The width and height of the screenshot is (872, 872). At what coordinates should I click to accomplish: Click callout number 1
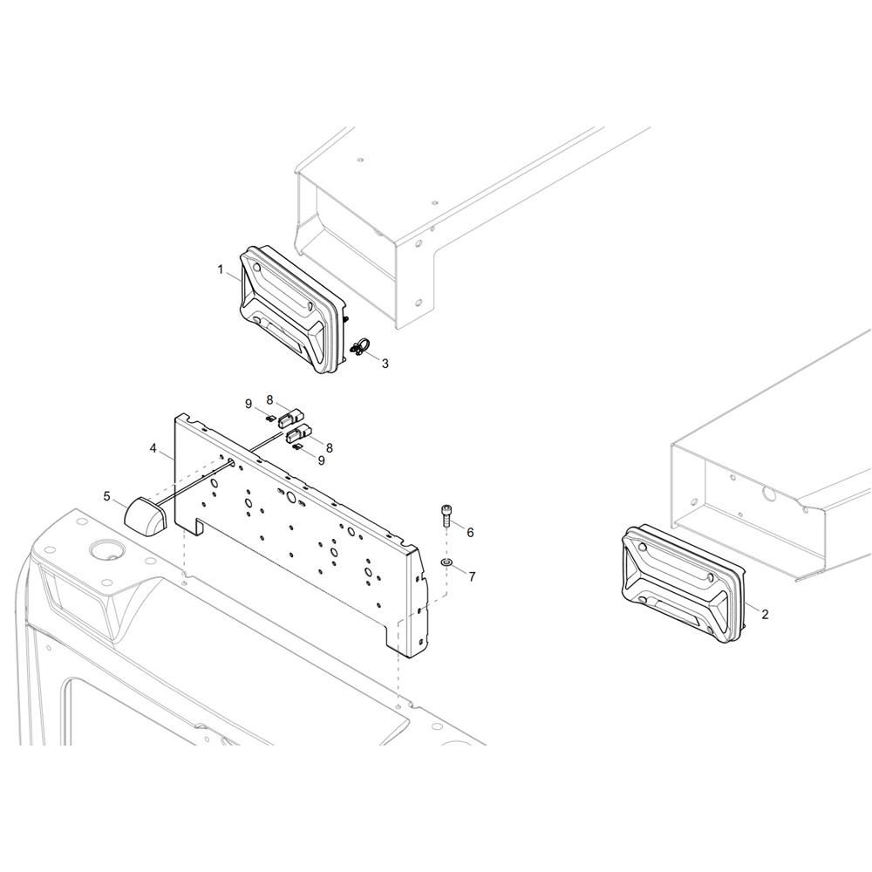coord(221,269)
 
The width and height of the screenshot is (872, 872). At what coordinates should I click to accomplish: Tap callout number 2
coord(766,615)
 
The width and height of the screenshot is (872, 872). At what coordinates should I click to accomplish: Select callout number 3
coord(385,364)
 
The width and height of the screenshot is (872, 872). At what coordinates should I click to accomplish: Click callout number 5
coord(106,494)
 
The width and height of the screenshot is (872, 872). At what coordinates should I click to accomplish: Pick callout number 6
coord(471,533)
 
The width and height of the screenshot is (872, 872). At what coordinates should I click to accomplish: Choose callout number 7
coord(472,576)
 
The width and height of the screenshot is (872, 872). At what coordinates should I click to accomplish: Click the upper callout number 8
coord(269,399)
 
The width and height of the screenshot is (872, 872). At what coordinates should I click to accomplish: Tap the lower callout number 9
coord(322,460)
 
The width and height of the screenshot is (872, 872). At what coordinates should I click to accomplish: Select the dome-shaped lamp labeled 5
coord(145,516)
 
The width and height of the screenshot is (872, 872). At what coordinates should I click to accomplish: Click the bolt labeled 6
coord(446,515)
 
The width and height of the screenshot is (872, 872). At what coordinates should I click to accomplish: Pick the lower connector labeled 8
coord(298,433)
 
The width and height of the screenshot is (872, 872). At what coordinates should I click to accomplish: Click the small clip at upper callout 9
coord(270,418)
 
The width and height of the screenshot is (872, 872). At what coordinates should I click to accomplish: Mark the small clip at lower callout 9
coord(297,446)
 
